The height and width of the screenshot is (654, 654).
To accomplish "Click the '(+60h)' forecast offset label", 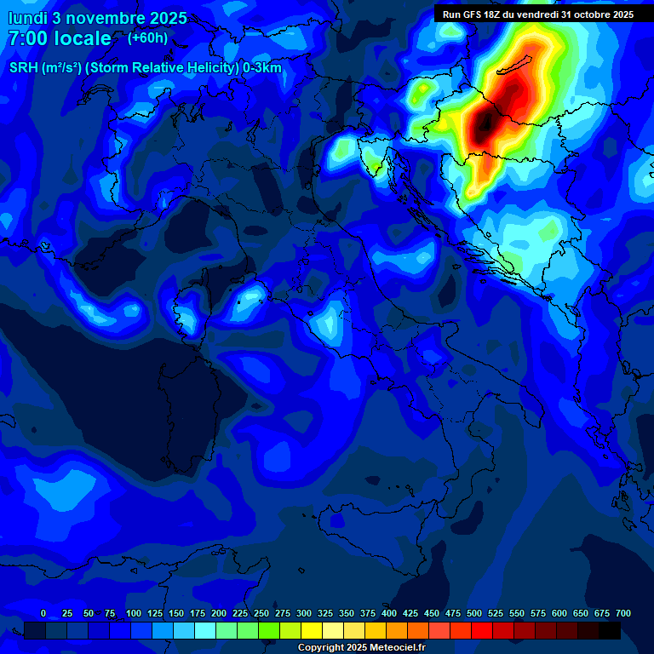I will [x=147, y=38].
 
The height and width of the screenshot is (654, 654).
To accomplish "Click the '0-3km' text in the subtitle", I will [x=262, y=68].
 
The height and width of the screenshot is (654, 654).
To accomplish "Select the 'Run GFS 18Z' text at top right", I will [x=473, y=14].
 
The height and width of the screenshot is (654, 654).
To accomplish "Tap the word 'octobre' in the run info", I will [x=583, y=14].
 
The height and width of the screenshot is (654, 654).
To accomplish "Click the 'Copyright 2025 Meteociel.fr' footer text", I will [x=361, y=647].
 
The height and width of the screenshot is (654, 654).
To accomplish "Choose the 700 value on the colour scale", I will [x=623, y=613].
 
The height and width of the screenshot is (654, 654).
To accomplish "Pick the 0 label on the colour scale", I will [x=43, y=613].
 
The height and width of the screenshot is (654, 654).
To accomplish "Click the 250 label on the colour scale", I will [x=261, y=613].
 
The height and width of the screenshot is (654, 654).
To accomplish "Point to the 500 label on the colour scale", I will [x=474, y=613].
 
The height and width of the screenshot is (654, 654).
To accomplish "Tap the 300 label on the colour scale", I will [x=304, y=613].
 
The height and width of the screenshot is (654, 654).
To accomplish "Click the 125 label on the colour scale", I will [x=155, y=613].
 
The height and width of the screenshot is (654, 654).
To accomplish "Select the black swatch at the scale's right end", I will [x=610, y=630].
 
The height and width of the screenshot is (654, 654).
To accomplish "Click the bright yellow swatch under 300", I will [x=312, y=630].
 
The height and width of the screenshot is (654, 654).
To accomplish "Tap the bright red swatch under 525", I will [x=482, y=630].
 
